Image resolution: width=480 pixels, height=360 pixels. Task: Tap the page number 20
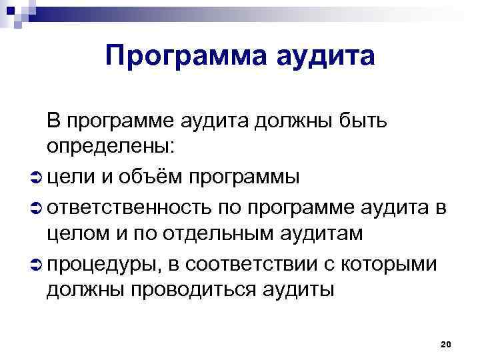[447, 344]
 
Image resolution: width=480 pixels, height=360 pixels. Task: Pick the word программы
[244, 178]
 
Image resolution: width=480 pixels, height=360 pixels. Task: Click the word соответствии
[263, 263]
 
